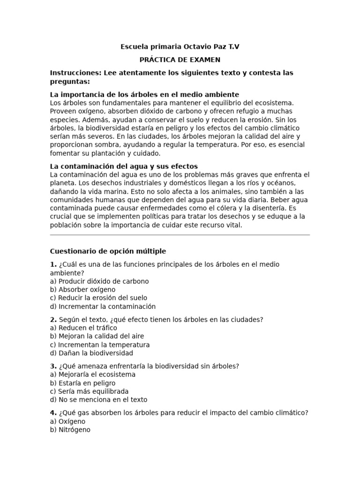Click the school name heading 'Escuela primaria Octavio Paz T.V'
click(x=180, y=47)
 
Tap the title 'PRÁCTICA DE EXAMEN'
click(x=180, y=60)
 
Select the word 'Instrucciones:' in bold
click(x=73, y=73)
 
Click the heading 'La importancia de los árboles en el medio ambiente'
click(x=144, y=95)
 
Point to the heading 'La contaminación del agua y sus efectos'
click(x=124, y=166)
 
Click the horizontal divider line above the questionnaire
click(x=180, y=235)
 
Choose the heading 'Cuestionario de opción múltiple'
click(x=108, y=251)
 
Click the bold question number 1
click(x=53, y=264)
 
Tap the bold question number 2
click(x=53, y=320)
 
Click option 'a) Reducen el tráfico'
click(x=83, y=328)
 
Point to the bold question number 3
click(x=53, y=366)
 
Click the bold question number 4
click(x=53, y=413)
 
